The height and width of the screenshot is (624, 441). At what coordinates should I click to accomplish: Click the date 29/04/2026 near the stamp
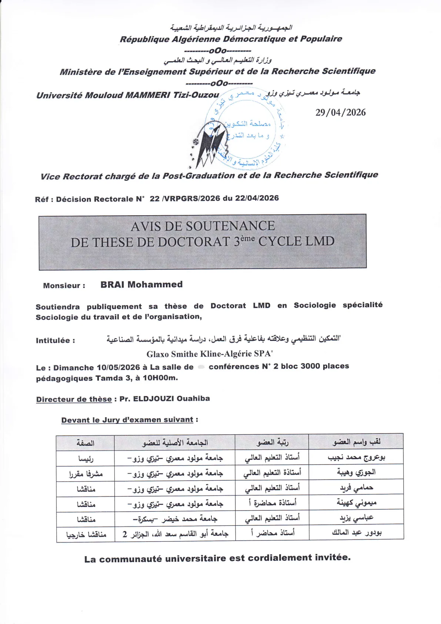pos(340,113)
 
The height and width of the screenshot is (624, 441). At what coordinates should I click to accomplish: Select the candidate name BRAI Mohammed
pos(141,285)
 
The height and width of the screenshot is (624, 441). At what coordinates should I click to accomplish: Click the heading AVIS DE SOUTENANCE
pos(203,226)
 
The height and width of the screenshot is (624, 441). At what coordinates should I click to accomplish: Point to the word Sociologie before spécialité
pos(315,305)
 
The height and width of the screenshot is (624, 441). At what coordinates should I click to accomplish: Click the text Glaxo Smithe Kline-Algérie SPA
pos(209,354)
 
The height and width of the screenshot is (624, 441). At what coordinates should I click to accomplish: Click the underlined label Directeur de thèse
pos(74,399)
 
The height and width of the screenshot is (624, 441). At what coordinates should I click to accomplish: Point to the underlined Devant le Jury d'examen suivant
pos(127,420)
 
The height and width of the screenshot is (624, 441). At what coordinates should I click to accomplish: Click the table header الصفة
pos(86,443)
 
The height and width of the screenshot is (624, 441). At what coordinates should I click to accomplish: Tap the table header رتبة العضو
pos(273,442)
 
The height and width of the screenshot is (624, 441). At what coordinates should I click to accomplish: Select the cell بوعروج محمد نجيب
pos(356,458)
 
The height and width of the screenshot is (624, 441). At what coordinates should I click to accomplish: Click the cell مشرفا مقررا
pos(86,474)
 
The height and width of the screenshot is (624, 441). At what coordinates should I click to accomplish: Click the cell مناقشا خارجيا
pos(86,534)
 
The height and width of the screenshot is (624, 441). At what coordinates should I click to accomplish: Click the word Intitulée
pos(55,341)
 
